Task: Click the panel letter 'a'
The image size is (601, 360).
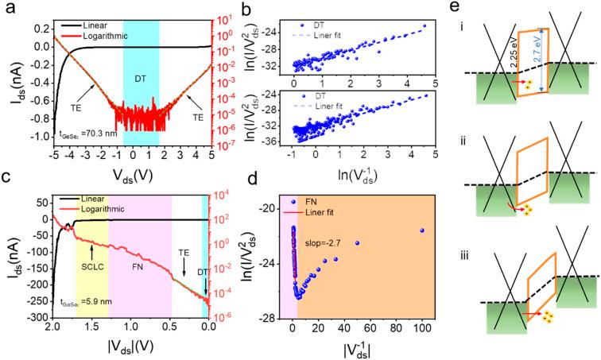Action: [x=10, y=10]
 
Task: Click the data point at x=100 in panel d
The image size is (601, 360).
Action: [x=422, y=230]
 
